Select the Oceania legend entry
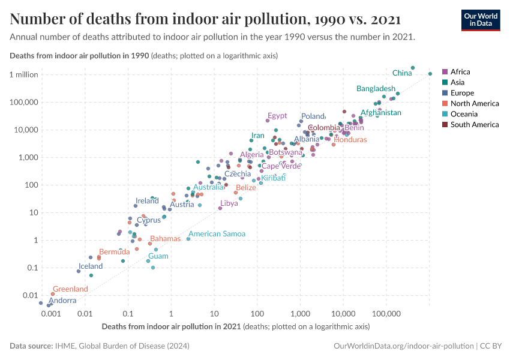[463, 114]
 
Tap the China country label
[401, 73]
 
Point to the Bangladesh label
[376, 89]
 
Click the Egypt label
[277, 116]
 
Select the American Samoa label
[217, 234]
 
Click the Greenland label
[70, 289]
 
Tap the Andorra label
[62, 301]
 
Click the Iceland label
[91, 266]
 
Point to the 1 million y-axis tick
[23, 74]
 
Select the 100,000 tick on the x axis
[386, 314]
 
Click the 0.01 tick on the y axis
[30, 295]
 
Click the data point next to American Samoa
[188, 239]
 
